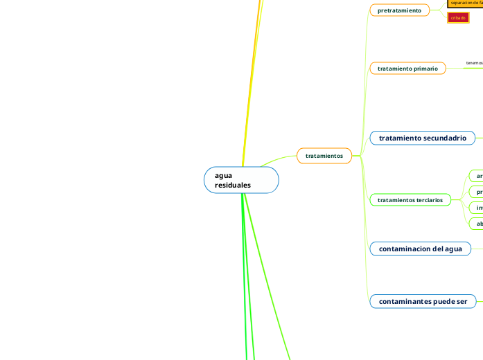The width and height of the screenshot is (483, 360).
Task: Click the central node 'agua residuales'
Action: pyautogui.click(x=241, y=180)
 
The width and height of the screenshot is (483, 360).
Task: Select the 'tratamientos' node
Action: pyautogui.click(x=324, y=156)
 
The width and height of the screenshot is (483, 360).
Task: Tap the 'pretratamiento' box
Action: pyautogui.click(x=399, y=10)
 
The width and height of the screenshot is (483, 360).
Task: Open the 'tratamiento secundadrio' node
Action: pyautogui.click(x=422, y=138)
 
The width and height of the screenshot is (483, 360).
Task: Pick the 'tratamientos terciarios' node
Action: pyautogui.click(x=410, y=200)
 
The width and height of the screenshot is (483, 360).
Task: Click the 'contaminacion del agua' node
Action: pyautogui.click(x=420, y=248)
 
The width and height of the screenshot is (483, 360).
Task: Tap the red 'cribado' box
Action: pyautogui.click(x=458, y=17)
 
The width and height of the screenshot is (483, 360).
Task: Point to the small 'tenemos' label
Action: pyautogui.click(x=474, y=63)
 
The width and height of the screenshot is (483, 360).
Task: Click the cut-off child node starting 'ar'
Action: pyautogui.click(x=476, y=176)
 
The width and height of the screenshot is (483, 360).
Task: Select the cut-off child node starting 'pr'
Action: pyautogui.click(x=476, y=192)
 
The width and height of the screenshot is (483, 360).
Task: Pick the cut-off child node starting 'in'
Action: pyautogui.click(x=476, y=208)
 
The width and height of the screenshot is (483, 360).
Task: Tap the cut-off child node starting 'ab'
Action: pyautogui.click(x=476, y=224)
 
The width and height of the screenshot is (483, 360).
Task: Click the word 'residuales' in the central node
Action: pyautogui.click(x=233, y=186)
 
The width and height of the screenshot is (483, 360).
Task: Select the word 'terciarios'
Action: pyautogui.click(x=426, y=200)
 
